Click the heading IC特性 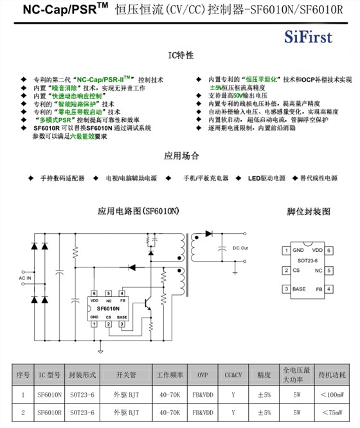[180, 56]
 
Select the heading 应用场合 [181, 156]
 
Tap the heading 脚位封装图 [308, 211]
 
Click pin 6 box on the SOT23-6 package [328, 250]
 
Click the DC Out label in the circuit [240, 248]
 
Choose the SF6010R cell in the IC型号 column [50, 412]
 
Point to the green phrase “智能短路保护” [78, 103]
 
